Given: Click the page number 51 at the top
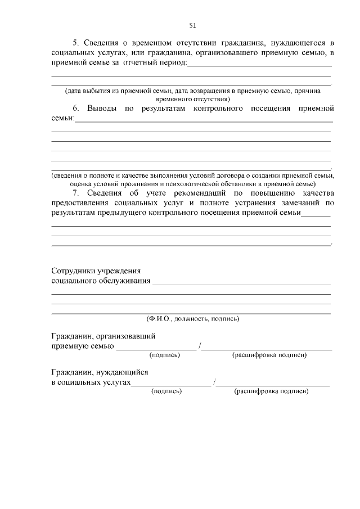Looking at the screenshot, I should click(x=192, y=25).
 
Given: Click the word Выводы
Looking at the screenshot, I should click(x=101, y=107).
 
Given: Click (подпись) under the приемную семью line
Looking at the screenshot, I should click(x=164, y=355).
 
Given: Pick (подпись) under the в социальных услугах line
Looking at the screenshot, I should click(x=166, y=391).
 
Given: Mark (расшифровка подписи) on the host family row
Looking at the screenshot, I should click(x=269, y=355).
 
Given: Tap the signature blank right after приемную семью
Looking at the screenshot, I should click(x=156, y=348).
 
